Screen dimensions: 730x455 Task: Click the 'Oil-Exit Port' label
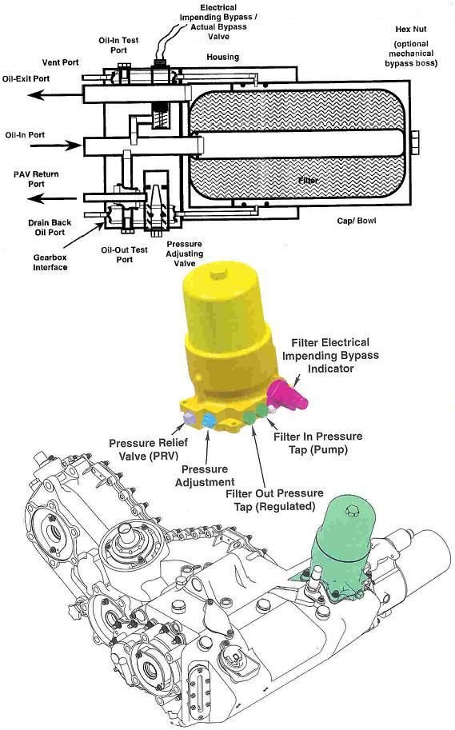coord(34,78)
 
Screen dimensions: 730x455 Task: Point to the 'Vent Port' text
coord(59,61)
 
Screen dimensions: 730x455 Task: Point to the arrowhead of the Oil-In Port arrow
coord(79,146)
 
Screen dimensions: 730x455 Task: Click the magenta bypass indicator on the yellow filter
coord(283,394)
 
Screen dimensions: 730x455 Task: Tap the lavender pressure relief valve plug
coord(189,418)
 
